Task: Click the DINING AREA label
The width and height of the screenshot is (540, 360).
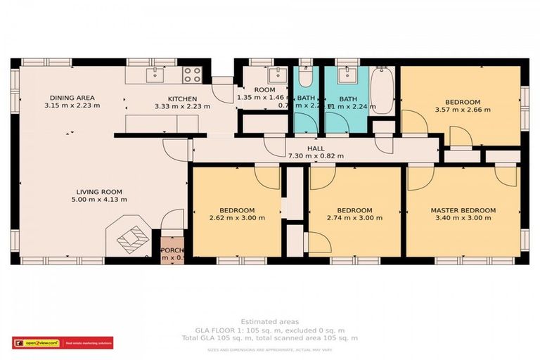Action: [72, 98]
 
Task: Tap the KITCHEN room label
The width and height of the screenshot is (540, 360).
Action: [181, 98]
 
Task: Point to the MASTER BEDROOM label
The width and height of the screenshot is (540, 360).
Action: [463, 210]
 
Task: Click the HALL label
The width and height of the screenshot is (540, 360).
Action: [316, 148]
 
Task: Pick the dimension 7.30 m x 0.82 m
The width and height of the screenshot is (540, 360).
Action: [316, 156]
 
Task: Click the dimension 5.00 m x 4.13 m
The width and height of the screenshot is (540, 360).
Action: [99, 199]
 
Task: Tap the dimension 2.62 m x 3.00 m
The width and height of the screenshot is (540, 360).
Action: [236, 218]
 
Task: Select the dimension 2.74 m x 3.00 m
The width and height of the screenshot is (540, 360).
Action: [354, 218]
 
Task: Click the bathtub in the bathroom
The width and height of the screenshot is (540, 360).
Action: [382, 90]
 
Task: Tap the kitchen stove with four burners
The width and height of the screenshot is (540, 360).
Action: [191, 75]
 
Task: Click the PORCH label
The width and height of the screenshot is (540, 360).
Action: [172, 250]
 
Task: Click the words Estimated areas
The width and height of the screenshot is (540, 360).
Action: [270, 321]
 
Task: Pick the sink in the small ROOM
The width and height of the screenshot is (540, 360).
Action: [276, 75]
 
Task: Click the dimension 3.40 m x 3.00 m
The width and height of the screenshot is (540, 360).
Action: [463, 218]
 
